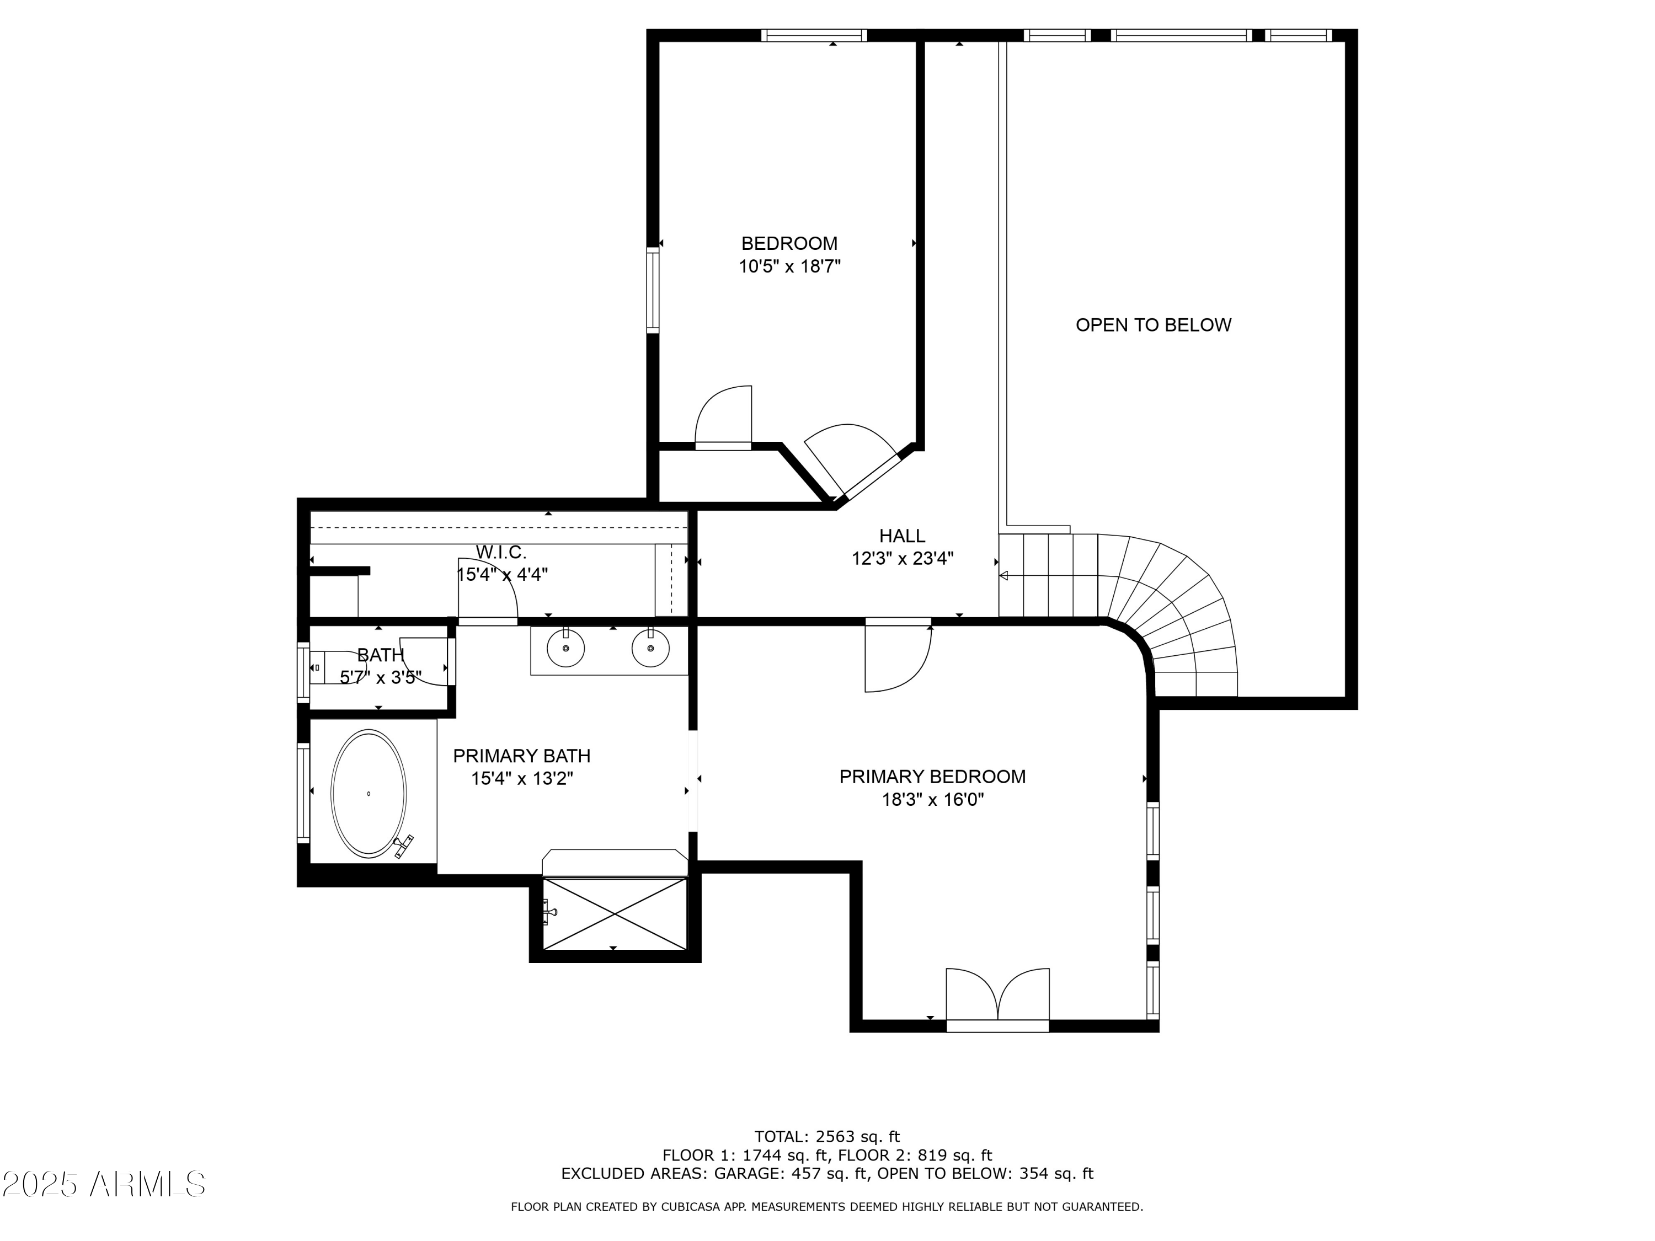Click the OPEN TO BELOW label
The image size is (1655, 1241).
1153,325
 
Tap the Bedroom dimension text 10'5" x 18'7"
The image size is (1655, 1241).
790,267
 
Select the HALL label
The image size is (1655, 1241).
903,536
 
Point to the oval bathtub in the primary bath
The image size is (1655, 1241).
369,794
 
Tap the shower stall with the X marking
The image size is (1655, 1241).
614,913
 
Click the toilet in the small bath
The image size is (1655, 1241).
337,666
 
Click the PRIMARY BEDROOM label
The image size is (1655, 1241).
932,777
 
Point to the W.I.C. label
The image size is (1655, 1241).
501,552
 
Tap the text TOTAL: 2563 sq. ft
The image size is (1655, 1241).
827,1137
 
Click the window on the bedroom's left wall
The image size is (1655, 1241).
653,290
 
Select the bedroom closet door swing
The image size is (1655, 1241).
723,418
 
